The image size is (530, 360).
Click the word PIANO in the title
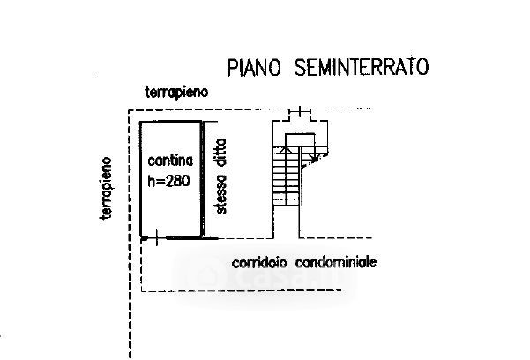(254, 67)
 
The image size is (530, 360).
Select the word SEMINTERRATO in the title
(362, 67)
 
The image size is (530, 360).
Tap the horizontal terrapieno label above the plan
(176, 93)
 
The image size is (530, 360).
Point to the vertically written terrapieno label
(106, 188)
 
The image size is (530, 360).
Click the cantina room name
(170, 161)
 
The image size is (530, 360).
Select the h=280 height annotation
(168, 182)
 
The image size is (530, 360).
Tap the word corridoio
(259, 263)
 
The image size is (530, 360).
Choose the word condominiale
(336, 262)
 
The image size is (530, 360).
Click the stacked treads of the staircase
(287, 176)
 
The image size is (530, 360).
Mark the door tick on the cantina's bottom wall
(156, 238)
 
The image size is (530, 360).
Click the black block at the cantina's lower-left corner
(144, 238)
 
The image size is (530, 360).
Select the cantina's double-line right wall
(203, 179)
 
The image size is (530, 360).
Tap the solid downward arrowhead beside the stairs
(316, 157)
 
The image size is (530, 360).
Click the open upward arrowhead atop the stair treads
(287, 150)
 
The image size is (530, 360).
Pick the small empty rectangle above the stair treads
(300, 140)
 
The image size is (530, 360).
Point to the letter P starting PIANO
(232, 68)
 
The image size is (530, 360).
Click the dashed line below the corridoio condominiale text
(241, 290)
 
